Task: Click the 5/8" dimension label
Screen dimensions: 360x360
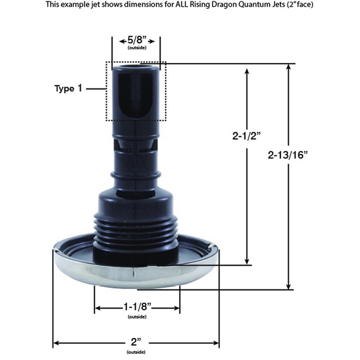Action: (136, 41)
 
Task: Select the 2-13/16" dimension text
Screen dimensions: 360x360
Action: (289, 155)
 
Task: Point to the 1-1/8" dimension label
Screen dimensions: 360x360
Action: (137, 308)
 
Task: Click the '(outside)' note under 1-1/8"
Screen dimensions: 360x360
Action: (137, 317)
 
